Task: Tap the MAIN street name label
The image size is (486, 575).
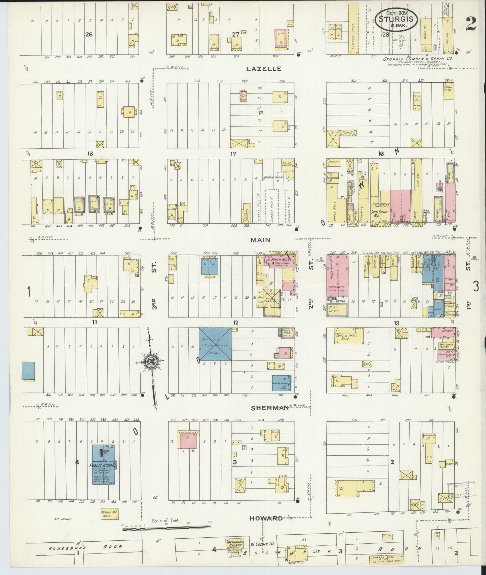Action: pos(260,240)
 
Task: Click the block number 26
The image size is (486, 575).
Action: pos(89,34)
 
